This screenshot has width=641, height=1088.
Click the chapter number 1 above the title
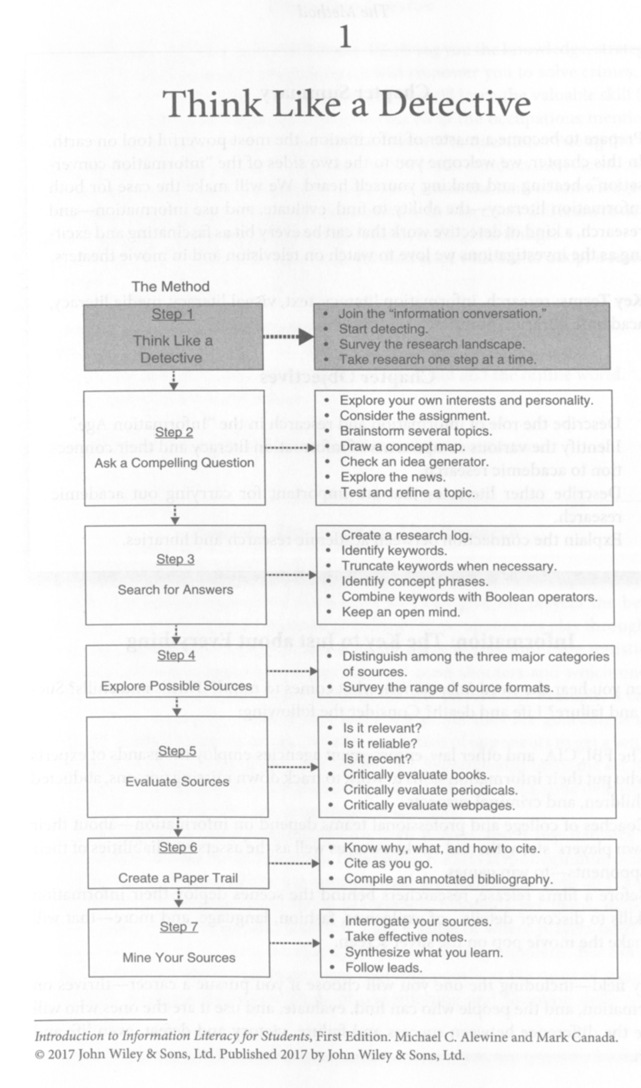click(346, 37)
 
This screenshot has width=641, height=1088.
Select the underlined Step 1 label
click(173, 314)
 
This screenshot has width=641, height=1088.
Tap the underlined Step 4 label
click(176, 656)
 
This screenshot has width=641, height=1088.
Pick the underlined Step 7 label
click(179, 927)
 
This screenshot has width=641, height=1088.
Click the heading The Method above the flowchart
click(170, 287)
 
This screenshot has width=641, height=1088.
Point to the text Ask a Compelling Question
click(174, 463)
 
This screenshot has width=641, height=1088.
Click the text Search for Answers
click(175, 590)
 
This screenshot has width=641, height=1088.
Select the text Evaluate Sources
click(177, 782)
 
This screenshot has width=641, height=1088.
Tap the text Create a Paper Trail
click(178, 878)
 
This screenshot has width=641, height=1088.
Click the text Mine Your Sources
click(179, 958)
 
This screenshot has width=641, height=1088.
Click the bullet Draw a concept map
click(402, 446)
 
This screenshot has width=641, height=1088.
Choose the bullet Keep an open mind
click(401, 612)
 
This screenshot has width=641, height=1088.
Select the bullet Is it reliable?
click(380, 744)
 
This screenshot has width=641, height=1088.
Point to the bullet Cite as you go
click(388, 863)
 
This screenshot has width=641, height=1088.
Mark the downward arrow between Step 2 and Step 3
click(175, 515)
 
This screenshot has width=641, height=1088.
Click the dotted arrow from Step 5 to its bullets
click(293, 767)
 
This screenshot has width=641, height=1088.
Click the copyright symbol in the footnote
click(40, 1054)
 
